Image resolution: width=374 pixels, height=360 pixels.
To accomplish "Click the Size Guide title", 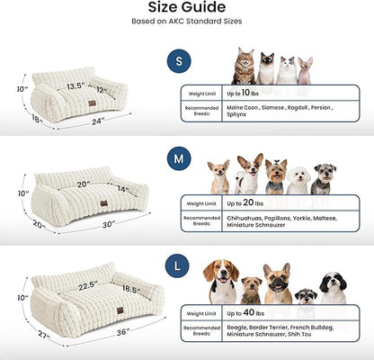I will [186, 8].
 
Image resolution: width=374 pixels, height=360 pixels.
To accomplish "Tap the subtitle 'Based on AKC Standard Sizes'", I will [186, 22].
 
